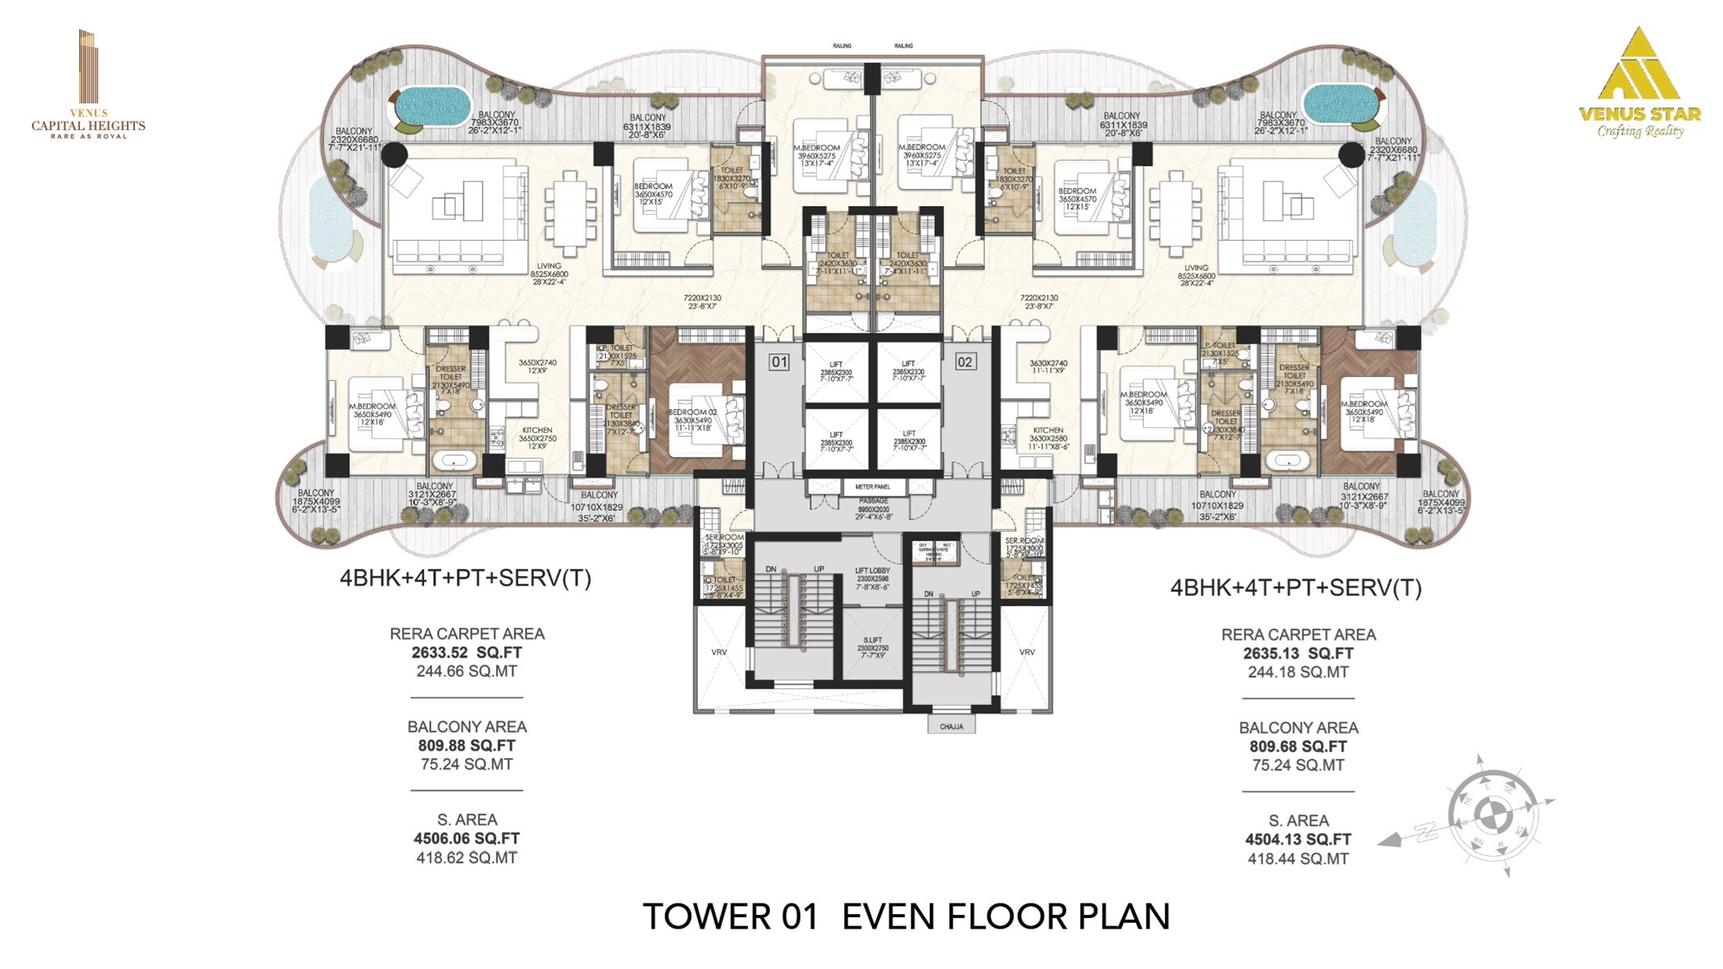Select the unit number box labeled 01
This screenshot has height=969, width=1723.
pos(779,362)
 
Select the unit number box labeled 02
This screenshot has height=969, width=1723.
pos(964,362)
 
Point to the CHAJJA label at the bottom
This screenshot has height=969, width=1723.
pos(952,727)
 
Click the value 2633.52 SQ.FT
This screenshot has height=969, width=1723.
pos(467,652)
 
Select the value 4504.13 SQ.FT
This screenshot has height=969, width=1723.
pos(1298,840)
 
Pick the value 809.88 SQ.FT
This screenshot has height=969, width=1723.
pos(467,745)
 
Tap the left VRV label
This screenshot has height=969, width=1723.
pos(719,652)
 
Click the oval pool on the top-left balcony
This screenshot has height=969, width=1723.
pos(434,105)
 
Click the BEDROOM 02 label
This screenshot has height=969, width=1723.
pos(692,413)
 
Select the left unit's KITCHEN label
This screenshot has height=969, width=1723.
pos(537,430)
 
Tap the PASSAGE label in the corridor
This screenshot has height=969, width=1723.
pos(873,501)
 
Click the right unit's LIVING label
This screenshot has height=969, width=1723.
pos(1196,268)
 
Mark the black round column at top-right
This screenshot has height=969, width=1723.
pos(1351,155)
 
